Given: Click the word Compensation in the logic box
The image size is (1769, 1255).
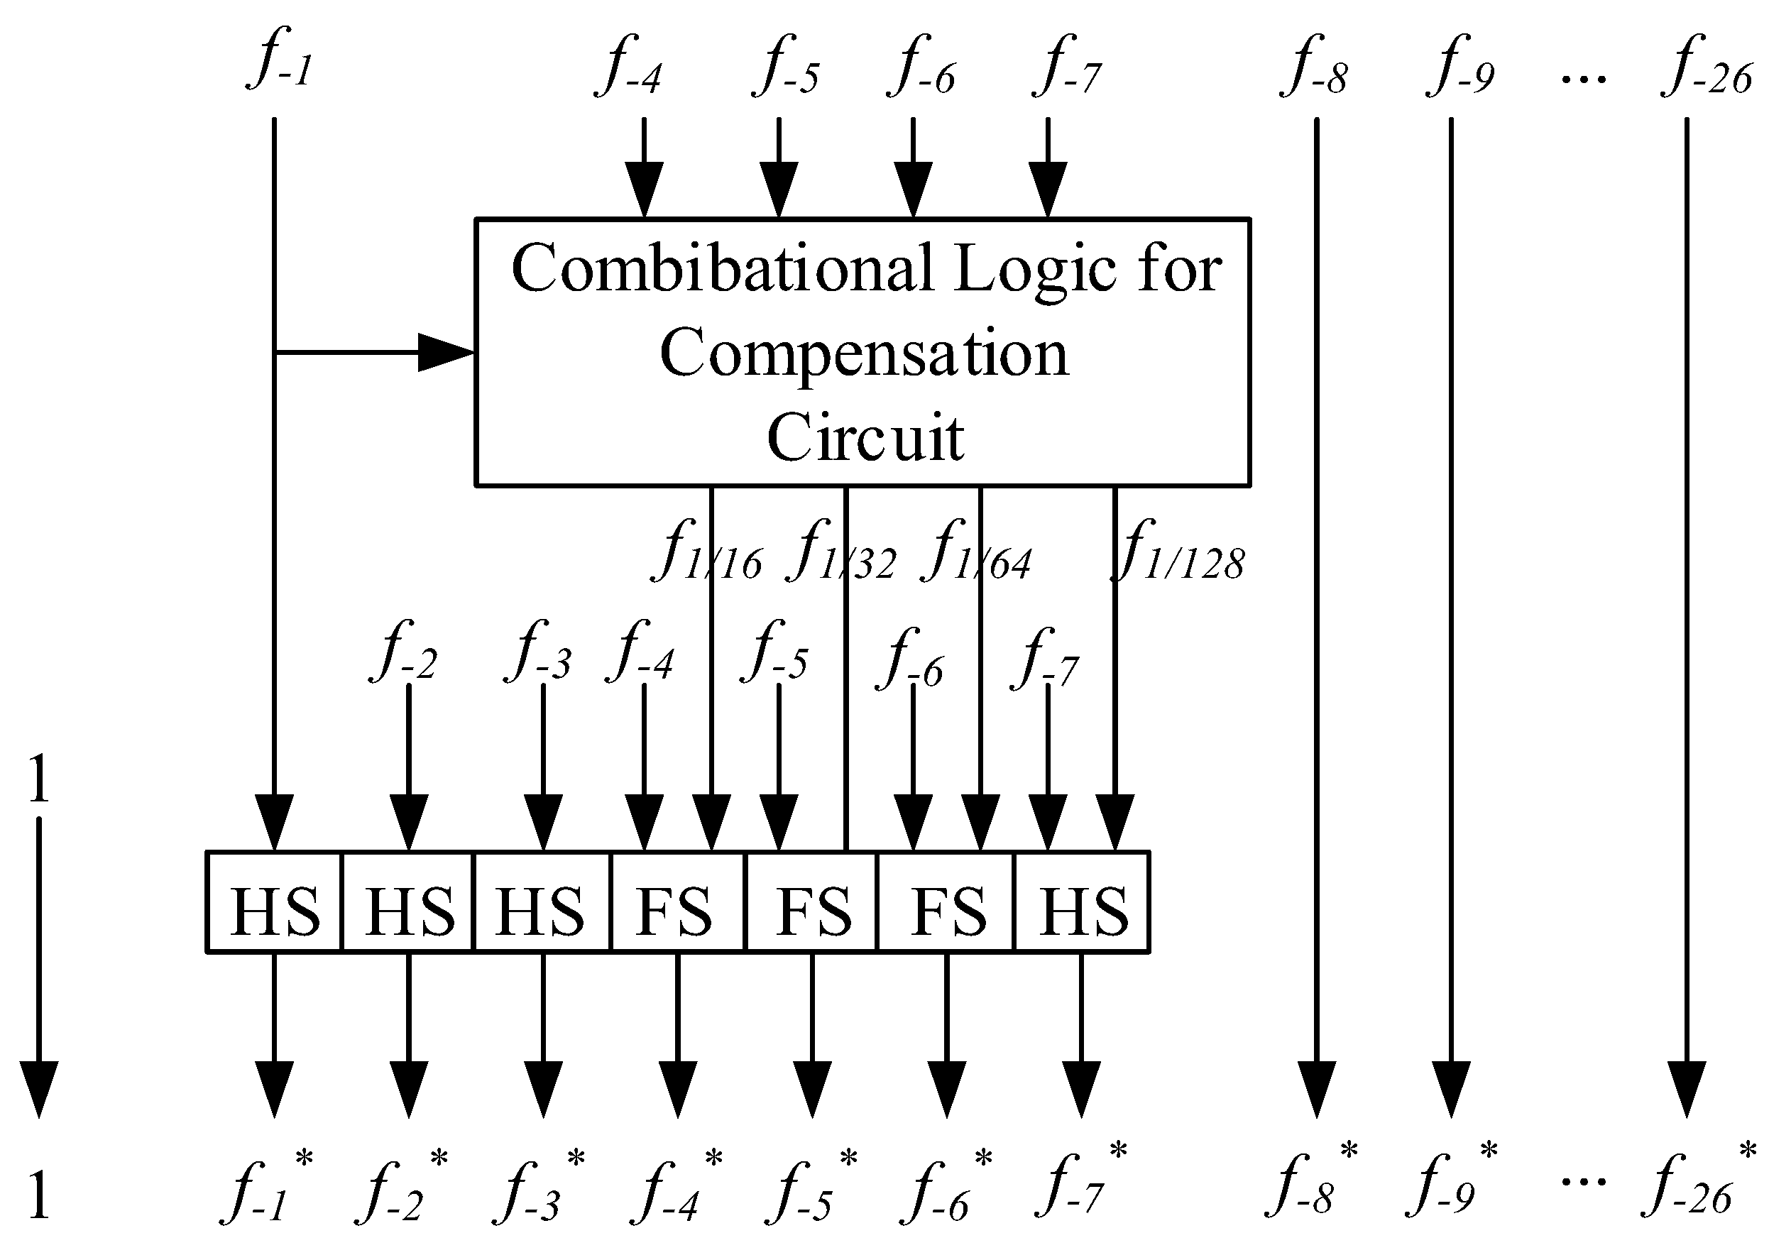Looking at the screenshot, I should pyautogui.click(x=864, y=354).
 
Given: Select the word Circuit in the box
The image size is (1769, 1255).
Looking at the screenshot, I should pyautogui.click(x=865, y=437).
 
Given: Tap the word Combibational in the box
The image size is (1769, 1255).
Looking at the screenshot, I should pyautogui.click(x=722, y=268).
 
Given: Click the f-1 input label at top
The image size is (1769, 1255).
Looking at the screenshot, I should pyautogui.click(x=280, y=60).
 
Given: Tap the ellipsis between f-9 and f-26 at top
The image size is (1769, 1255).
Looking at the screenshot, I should pyautogui.click(x=1584, y=80).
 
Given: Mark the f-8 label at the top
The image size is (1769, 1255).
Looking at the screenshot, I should pyautogui.click(x=1314, y=67).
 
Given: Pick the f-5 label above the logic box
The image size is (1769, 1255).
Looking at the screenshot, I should pyautogui.click(x=785, y=67).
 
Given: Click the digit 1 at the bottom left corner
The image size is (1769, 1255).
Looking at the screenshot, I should pyautogui.click(x=38, y=1194).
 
